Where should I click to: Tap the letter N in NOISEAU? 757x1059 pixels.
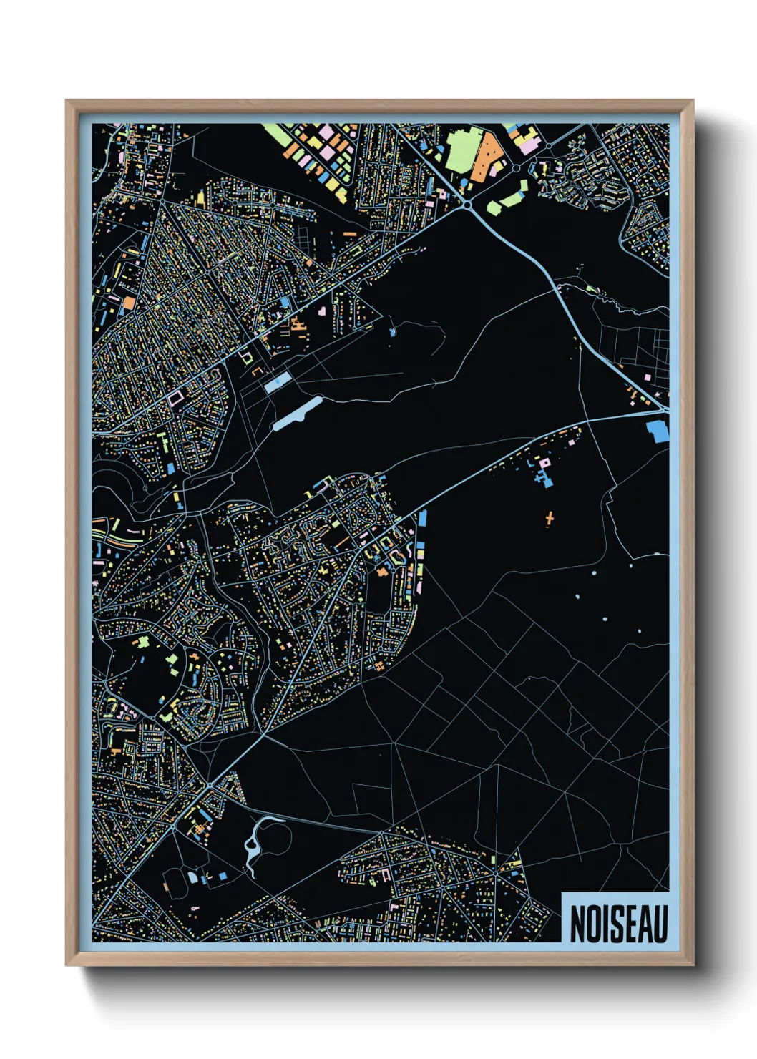tap(577, 924)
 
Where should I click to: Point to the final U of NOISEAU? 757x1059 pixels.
tap(660, 924)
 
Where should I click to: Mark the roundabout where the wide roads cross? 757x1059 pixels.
tap(467, 205)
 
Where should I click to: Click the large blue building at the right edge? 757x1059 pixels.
tap(657, 431)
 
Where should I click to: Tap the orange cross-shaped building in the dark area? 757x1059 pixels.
tap(549, 518)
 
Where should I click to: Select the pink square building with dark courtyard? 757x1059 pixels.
tap(177, 396)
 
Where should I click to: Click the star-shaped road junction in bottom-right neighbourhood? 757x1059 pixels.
tap(494, 874)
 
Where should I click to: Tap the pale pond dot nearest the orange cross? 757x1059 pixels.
tap(594, 572)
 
